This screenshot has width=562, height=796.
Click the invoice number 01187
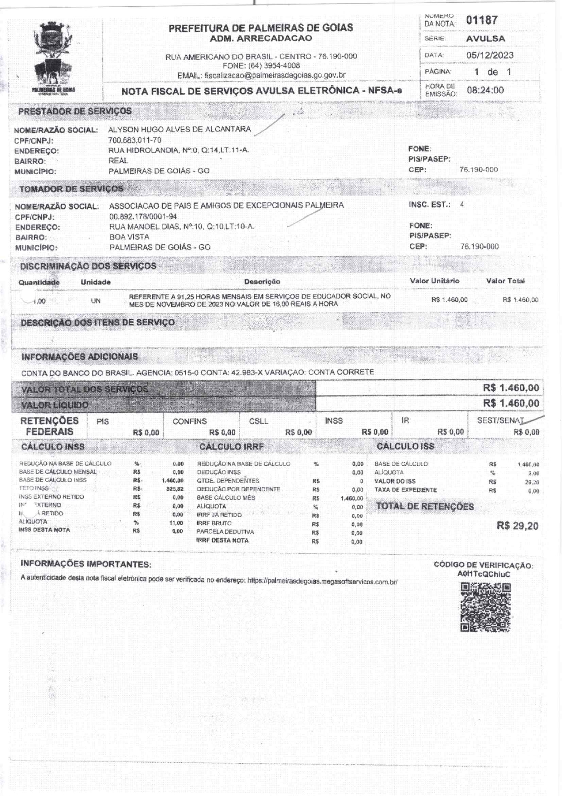482,20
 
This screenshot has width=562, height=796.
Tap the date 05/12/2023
489,55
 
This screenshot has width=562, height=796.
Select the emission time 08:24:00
485,90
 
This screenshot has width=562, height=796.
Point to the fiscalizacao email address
275,75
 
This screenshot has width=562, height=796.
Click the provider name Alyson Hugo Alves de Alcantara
179,129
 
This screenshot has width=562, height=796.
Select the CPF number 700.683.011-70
135,140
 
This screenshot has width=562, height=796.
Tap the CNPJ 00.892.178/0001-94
143,217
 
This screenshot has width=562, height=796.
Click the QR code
485,607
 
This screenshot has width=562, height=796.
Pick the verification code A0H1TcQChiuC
484,574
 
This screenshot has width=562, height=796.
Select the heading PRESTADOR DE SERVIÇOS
75,111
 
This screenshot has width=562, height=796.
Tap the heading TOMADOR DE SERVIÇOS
71,189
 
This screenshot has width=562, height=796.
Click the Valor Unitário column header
434,281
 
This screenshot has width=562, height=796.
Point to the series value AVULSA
485,39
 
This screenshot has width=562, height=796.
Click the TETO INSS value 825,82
175,489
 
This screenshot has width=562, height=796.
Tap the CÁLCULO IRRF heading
231,447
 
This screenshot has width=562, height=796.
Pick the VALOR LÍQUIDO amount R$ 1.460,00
511,404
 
